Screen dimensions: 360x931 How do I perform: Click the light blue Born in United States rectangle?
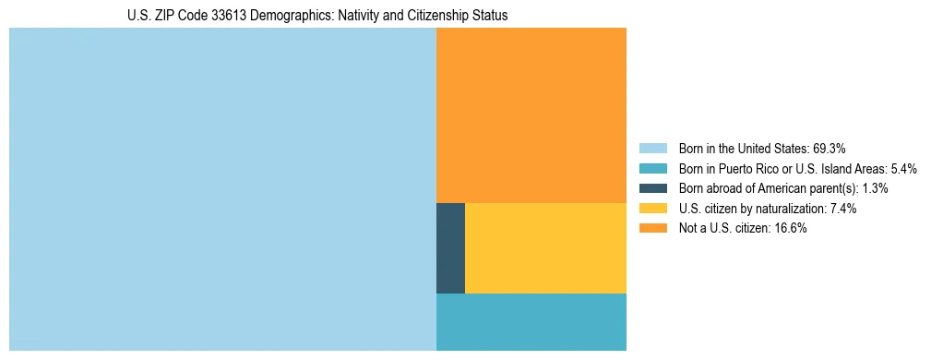(222, 189)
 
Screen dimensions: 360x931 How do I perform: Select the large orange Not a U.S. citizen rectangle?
(531, 115)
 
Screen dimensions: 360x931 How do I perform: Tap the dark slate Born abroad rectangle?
(450, 248)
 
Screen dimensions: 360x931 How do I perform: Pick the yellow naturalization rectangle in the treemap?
(545, 248)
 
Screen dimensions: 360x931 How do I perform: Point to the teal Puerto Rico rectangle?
(531, 322)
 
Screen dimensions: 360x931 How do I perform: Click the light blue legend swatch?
(652, 148)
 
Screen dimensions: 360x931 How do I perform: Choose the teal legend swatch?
(652, 168)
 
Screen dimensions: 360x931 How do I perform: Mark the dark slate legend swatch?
(652, 188)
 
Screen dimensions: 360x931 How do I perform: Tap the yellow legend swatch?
(652, 209)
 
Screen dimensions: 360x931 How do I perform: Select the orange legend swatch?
(652, 229)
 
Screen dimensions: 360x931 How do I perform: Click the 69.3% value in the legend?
(830, 148)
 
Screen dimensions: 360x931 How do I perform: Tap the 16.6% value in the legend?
(791, 229)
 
